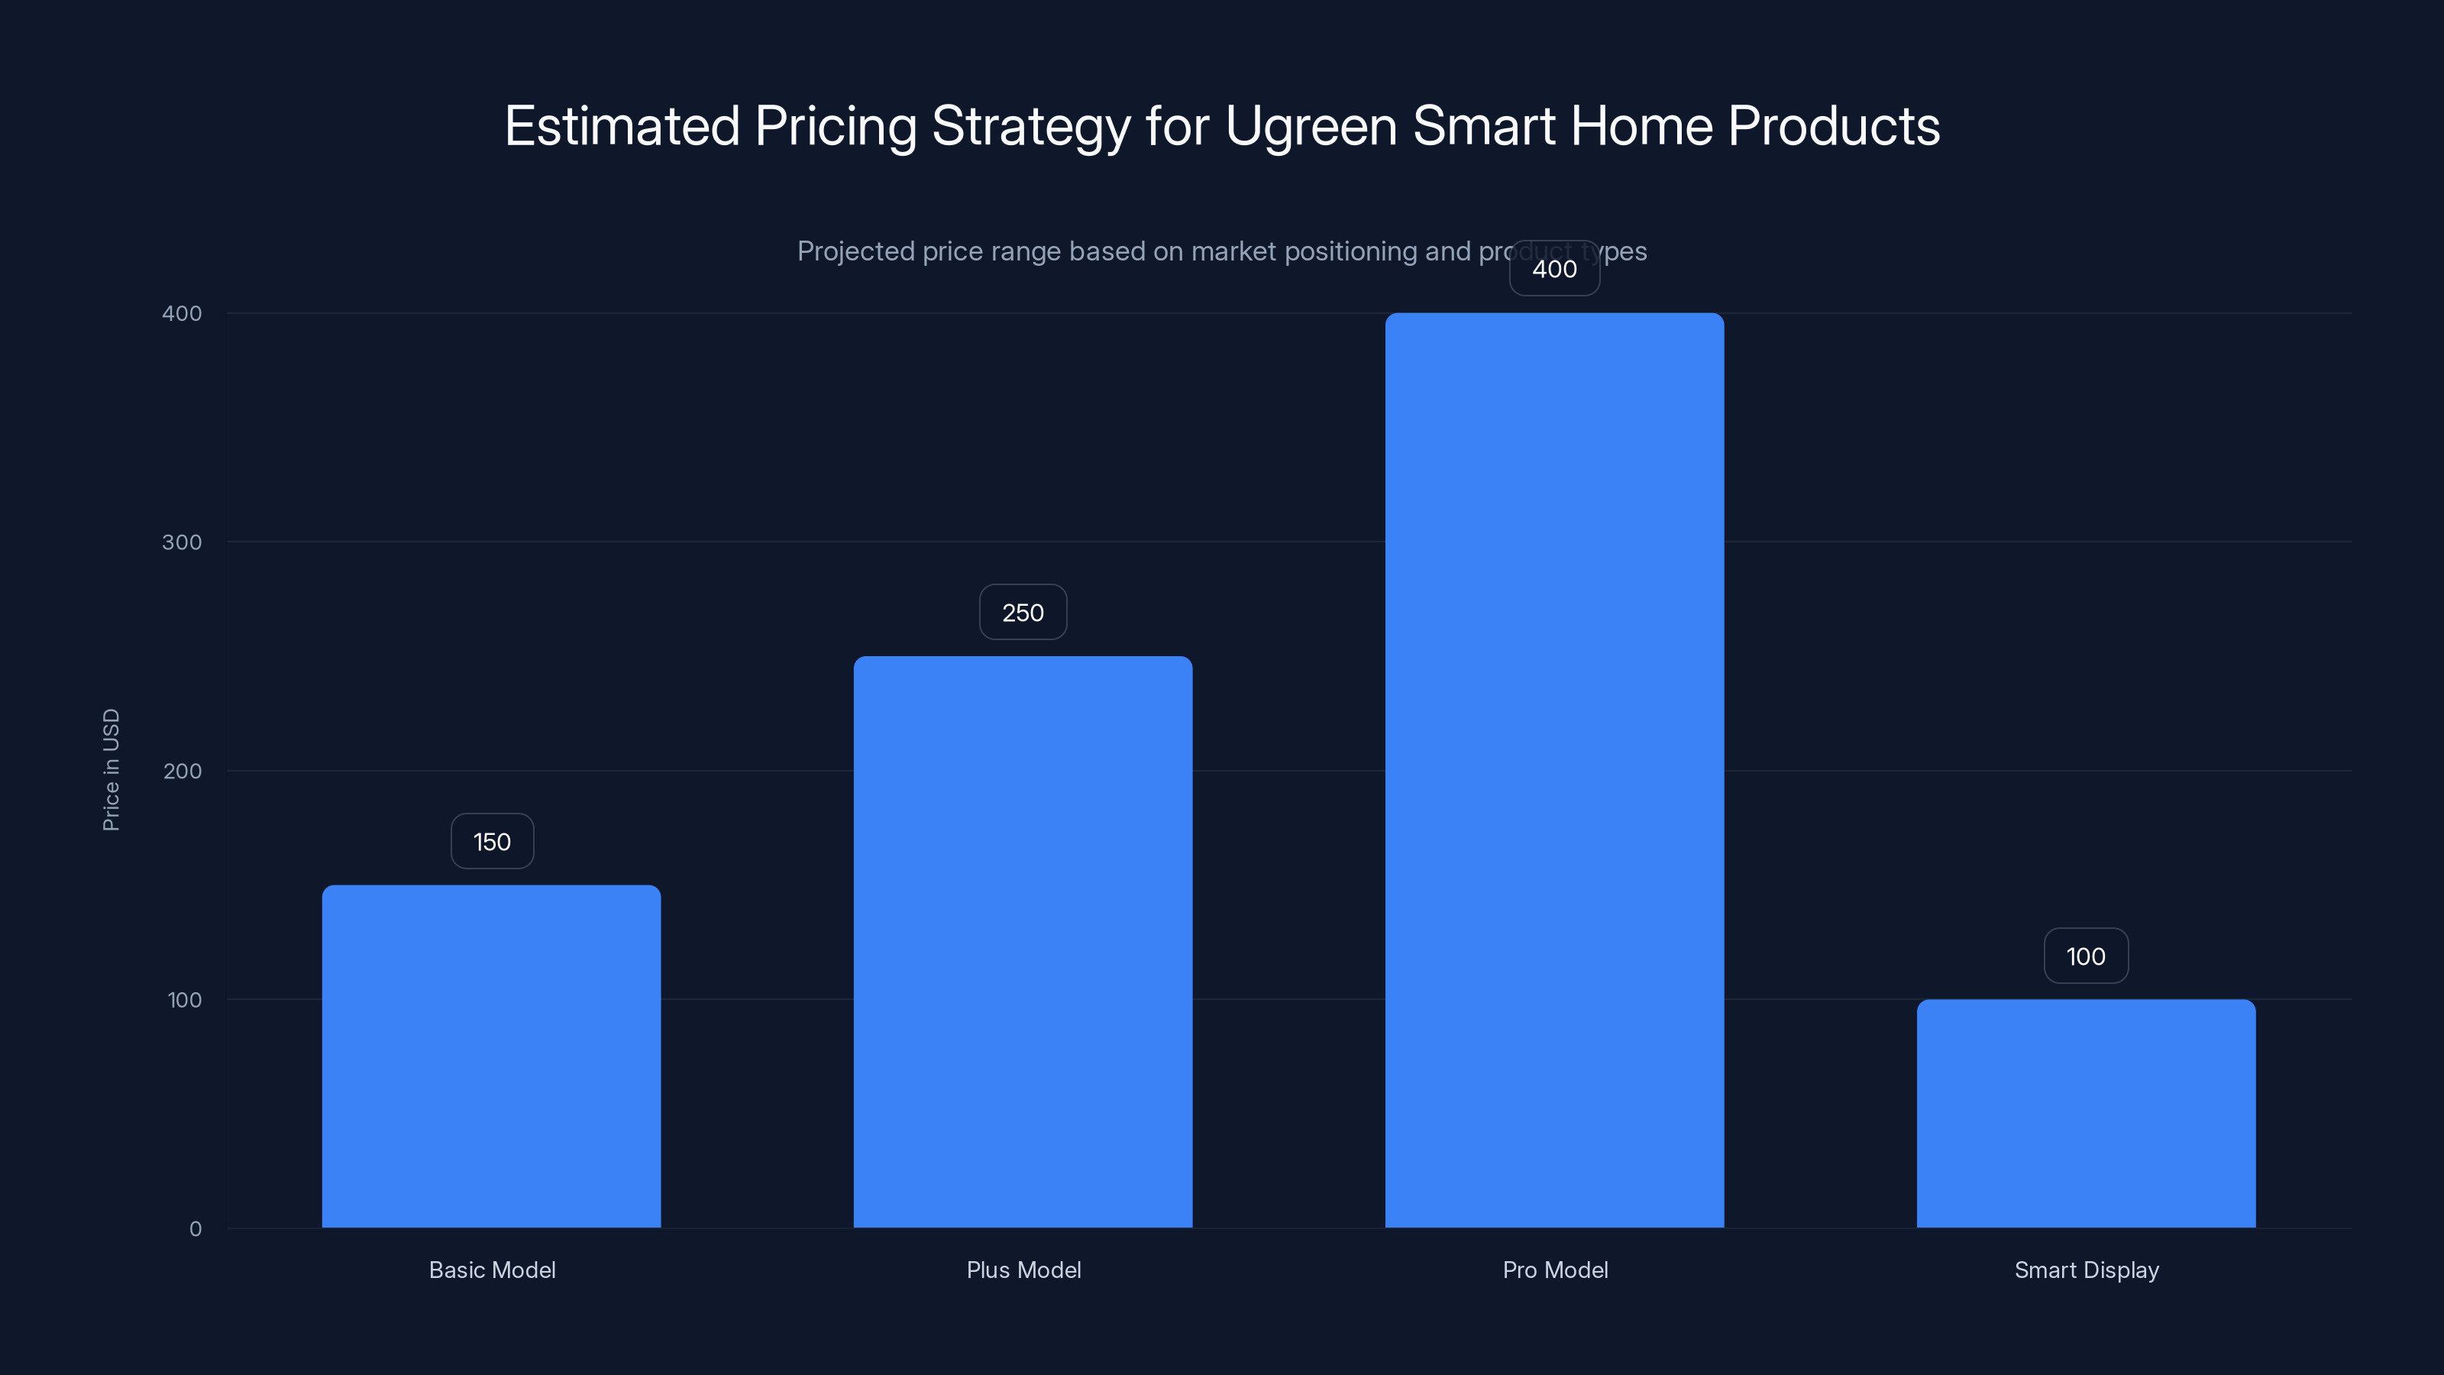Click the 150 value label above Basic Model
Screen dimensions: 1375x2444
tap(491, 842)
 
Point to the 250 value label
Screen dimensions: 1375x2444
tap(1023, 613)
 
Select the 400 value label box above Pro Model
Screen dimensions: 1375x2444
tap(1554, 270)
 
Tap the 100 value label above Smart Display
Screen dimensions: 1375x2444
tap(2085, 956)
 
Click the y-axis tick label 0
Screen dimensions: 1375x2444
tap(196, 1229)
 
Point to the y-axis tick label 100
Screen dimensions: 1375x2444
tap(184, 1000)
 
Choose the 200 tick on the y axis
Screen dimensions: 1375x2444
tap(183, 772)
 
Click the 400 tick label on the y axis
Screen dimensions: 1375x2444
tap(183, 314)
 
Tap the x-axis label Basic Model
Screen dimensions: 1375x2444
tap(491, 1270)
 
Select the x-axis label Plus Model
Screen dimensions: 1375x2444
tap(1023, 1270)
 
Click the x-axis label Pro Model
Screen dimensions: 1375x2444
tap(1554, 1270)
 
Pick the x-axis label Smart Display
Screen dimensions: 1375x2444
tap(2085, 1270)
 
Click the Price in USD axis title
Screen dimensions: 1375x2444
tap(111, 769)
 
